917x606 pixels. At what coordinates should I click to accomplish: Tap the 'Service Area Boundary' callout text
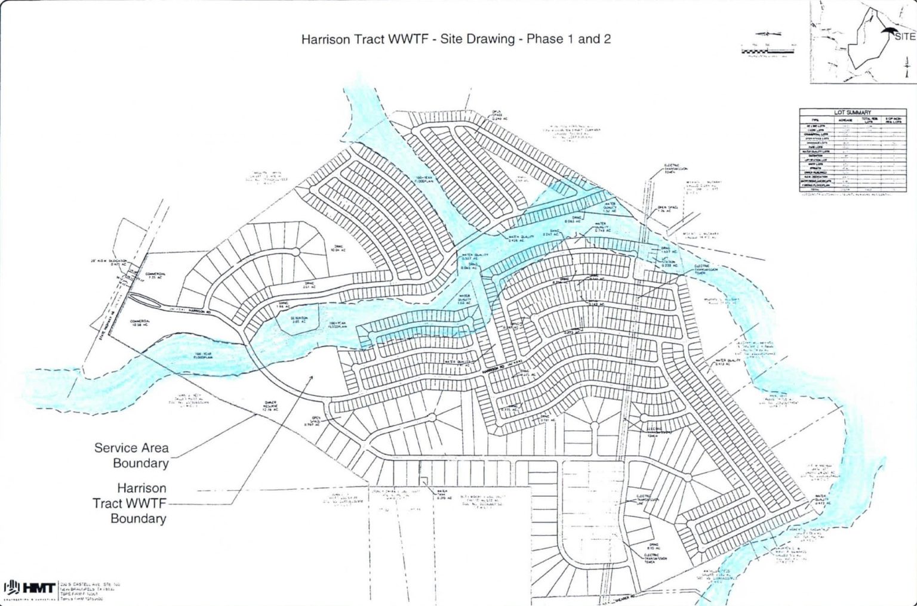click(131, 455)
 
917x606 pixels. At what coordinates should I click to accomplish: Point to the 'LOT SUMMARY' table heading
click(852, 112)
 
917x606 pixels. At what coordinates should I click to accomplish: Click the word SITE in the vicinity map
click(904, 36)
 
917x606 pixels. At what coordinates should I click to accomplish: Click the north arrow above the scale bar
click(768, 35)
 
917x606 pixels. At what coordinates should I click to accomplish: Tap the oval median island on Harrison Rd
click(144, 299)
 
